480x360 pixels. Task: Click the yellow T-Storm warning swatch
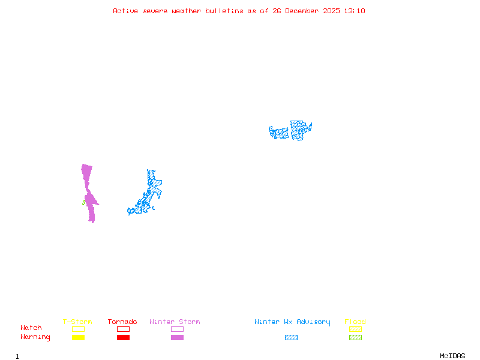point(78,338)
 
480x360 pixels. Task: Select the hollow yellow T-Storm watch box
point(78,329)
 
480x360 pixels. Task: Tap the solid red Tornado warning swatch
point(123,338)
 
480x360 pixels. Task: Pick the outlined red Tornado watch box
point(123,329)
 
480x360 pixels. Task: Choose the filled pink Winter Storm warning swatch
point(177,338)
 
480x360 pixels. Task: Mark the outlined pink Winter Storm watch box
point(177,329)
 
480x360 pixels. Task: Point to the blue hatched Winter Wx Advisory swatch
point(291,338)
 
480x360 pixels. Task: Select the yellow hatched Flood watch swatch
point(355,329)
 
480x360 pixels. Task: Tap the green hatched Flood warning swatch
point(355,338)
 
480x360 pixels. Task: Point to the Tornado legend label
point(123,322)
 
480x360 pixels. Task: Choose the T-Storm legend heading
point(77,322)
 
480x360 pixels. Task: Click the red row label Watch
point(31,328)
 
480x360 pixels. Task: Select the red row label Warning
point(35,337)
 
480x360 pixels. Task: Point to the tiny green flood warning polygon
point(83,203)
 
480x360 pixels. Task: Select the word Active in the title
point(126,11)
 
